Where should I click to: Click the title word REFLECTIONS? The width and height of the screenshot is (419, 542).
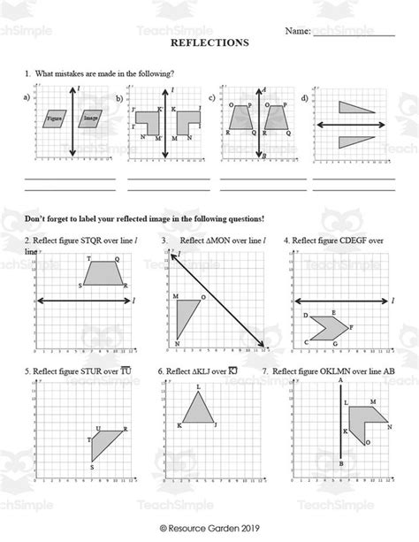click(x=209, y=42)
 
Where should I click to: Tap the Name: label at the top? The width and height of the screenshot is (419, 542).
click(x=297, y=31)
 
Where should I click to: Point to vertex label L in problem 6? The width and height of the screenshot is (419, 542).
click(x=199, y=387)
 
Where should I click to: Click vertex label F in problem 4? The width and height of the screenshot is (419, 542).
click(x=352, y=327)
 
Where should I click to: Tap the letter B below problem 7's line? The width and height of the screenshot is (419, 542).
click(x=341, y=462)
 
